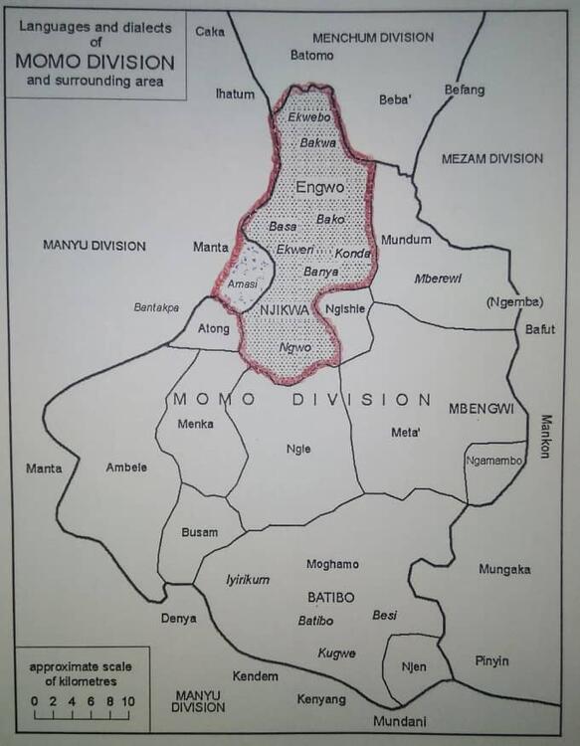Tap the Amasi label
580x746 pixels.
click(242, 284)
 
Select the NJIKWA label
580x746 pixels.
click(287, 310)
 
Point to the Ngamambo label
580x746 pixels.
click(494, 460)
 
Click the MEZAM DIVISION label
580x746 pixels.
click(492, 158)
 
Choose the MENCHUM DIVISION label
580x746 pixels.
click(373, 38)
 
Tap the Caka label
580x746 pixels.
click(210, 31)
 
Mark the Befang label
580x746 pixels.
click(465, 91)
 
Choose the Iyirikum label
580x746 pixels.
click(248, 580)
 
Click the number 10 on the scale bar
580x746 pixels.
click(128, 701)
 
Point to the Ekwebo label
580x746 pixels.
click(306, 116)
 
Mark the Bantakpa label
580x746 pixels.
click(157, 307)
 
